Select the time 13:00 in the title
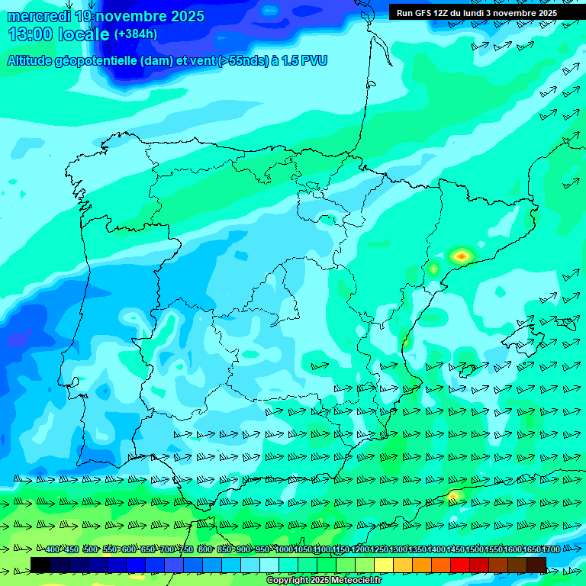[x=31, y=34]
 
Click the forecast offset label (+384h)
[x=136, y=34]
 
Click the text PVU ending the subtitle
[x=314, y=61]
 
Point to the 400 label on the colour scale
[x=52, y=550]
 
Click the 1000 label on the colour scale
[x=284, y=550]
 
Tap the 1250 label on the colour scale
[x=379, y=550]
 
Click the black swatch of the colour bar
[x=40, y=565]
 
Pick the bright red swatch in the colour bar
[x=460, y=565]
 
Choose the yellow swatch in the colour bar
[x=384, y=565]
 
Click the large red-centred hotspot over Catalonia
[x=461, y=256]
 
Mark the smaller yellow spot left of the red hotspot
[x=433, y=269]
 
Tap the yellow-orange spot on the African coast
[x=454, y=495]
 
